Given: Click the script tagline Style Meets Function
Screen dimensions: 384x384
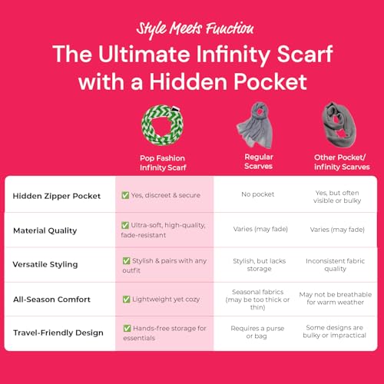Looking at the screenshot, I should [194, 29].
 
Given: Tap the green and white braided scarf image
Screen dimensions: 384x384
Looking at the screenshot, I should [164, 123].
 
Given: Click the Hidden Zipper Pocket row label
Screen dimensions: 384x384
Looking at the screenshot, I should [57, 195].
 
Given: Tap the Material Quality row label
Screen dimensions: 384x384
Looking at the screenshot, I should [46, 230].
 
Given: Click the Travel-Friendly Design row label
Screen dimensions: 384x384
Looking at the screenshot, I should [58, 333].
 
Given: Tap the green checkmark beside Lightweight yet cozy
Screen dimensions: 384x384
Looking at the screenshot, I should [126, 299].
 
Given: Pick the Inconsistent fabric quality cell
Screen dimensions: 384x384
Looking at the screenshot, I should [335, 264].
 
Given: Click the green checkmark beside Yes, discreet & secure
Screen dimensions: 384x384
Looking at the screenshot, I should [126, 195].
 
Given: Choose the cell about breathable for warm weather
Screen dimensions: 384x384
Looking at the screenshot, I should [335, 299].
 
